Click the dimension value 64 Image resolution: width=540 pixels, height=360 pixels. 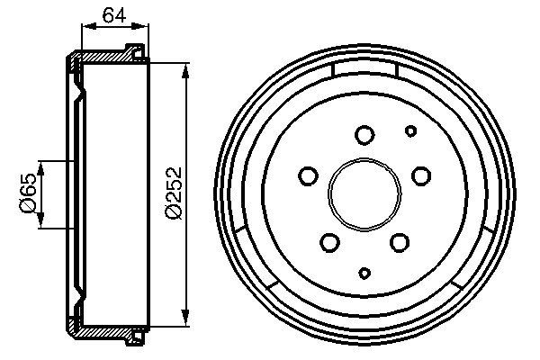(x=112, y=14)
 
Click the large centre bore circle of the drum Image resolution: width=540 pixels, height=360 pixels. (x=364, y=193)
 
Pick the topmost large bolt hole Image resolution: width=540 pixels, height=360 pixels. (x=364, y=135)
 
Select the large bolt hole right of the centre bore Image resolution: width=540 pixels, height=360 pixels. (x=419, y=175)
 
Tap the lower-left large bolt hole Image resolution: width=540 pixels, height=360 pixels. (x=330, y=240)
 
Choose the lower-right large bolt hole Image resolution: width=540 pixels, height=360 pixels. (x=399, y=240)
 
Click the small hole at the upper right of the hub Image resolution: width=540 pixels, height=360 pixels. (x=410, y=130)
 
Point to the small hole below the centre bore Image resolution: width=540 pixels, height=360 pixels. (x=364, y=272)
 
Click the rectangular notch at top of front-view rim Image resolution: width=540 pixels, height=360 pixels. (x=364, y=69)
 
